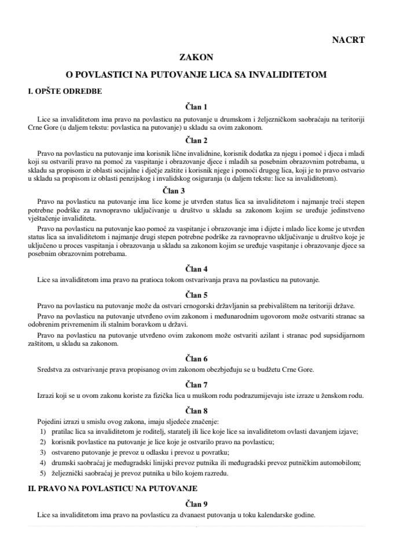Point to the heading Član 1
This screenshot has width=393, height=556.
pos(196,107)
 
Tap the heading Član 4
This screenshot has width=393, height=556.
pos(196,269)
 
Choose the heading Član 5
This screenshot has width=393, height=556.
pos(196,294)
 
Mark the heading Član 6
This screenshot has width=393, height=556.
pos(196,359)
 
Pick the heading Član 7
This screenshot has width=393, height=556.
pos(196,384)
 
